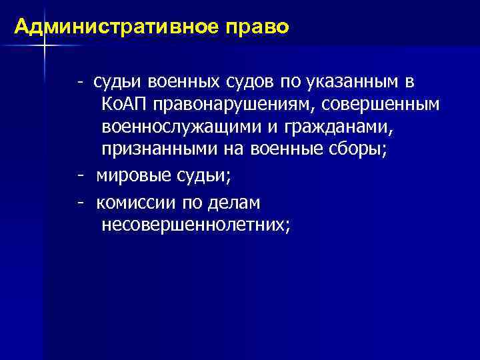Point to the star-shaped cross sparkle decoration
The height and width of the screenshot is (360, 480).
point(45,46)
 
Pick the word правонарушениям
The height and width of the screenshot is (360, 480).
point(231,105)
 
